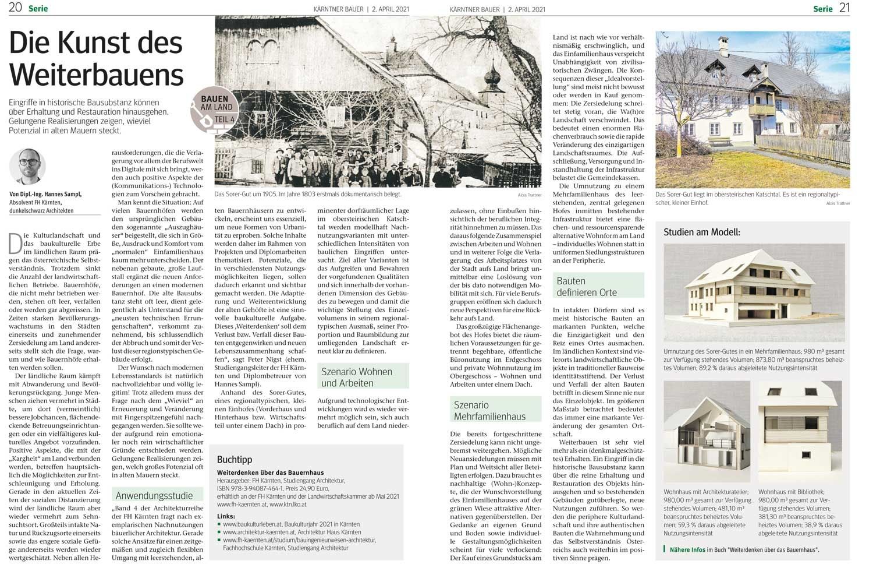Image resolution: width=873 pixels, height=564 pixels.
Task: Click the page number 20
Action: [15, 8]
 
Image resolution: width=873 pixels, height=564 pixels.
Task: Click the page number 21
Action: [844, 8]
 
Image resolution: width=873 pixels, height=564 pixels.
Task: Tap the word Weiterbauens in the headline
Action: [97, 75]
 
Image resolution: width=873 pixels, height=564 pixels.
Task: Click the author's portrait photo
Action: [27, 167]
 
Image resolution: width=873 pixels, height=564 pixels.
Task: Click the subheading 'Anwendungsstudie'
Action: [154, 496]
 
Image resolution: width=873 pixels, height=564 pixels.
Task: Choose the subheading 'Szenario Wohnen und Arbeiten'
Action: [357, 377]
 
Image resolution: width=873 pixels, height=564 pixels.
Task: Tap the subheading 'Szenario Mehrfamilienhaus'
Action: [489, 410]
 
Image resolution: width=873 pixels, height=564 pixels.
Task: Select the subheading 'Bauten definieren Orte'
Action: [586, 287]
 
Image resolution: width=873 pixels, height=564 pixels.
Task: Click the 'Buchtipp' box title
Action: [235, 460]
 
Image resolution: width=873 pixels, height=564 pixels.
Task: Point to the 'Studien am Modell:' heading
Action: [702, 232]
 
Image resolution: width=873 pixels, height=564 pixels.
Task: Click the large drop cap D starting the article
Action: [16, 244]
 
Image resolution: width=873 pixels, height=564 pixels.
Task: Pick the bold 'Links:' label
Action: [226, 516]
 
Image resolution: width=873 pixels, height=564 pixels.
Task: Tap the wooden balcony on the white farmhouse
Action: [762, 110]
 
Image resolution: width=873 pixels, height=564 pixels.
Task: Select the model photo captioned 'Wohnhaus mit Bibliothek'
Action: [800, 431]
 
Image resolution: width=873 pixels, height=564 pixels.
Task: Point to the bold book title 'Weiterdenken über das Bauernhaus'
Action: [271, 473]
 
